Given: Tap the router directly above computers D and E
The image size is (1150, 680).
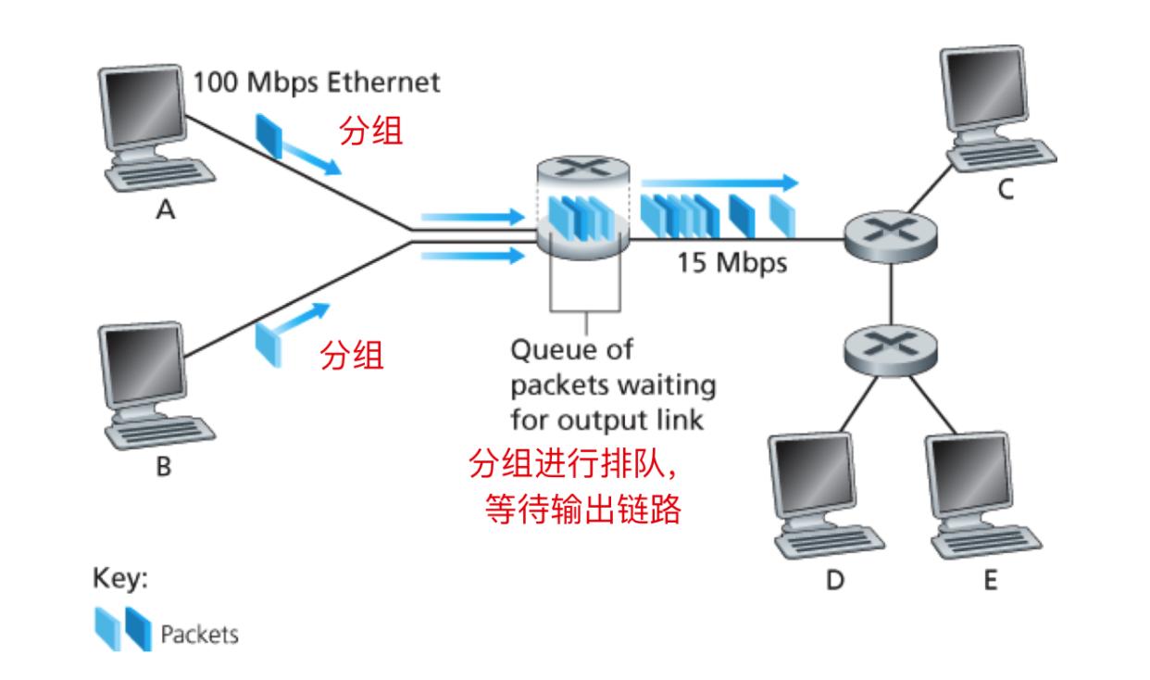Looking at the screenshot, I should (x=888, y=348).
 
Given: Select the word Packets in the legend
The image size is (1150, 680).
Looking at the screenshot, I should (x=199, y=635).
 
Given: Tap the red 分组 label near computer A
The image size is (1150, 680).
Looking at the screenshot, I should (x=371, y=132).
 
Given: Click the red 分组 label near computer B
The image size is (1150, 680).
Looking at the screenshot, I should (x=352, y=356).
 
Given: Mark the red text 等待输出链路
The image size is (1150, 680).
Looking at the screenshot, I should (x=583, y=510).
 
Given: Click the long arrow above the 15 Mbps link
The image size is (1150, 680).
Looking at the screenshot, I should (x=718, y=182).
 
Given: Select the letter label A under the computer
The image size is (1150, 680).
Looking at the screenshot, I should (x=164, y=212).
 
